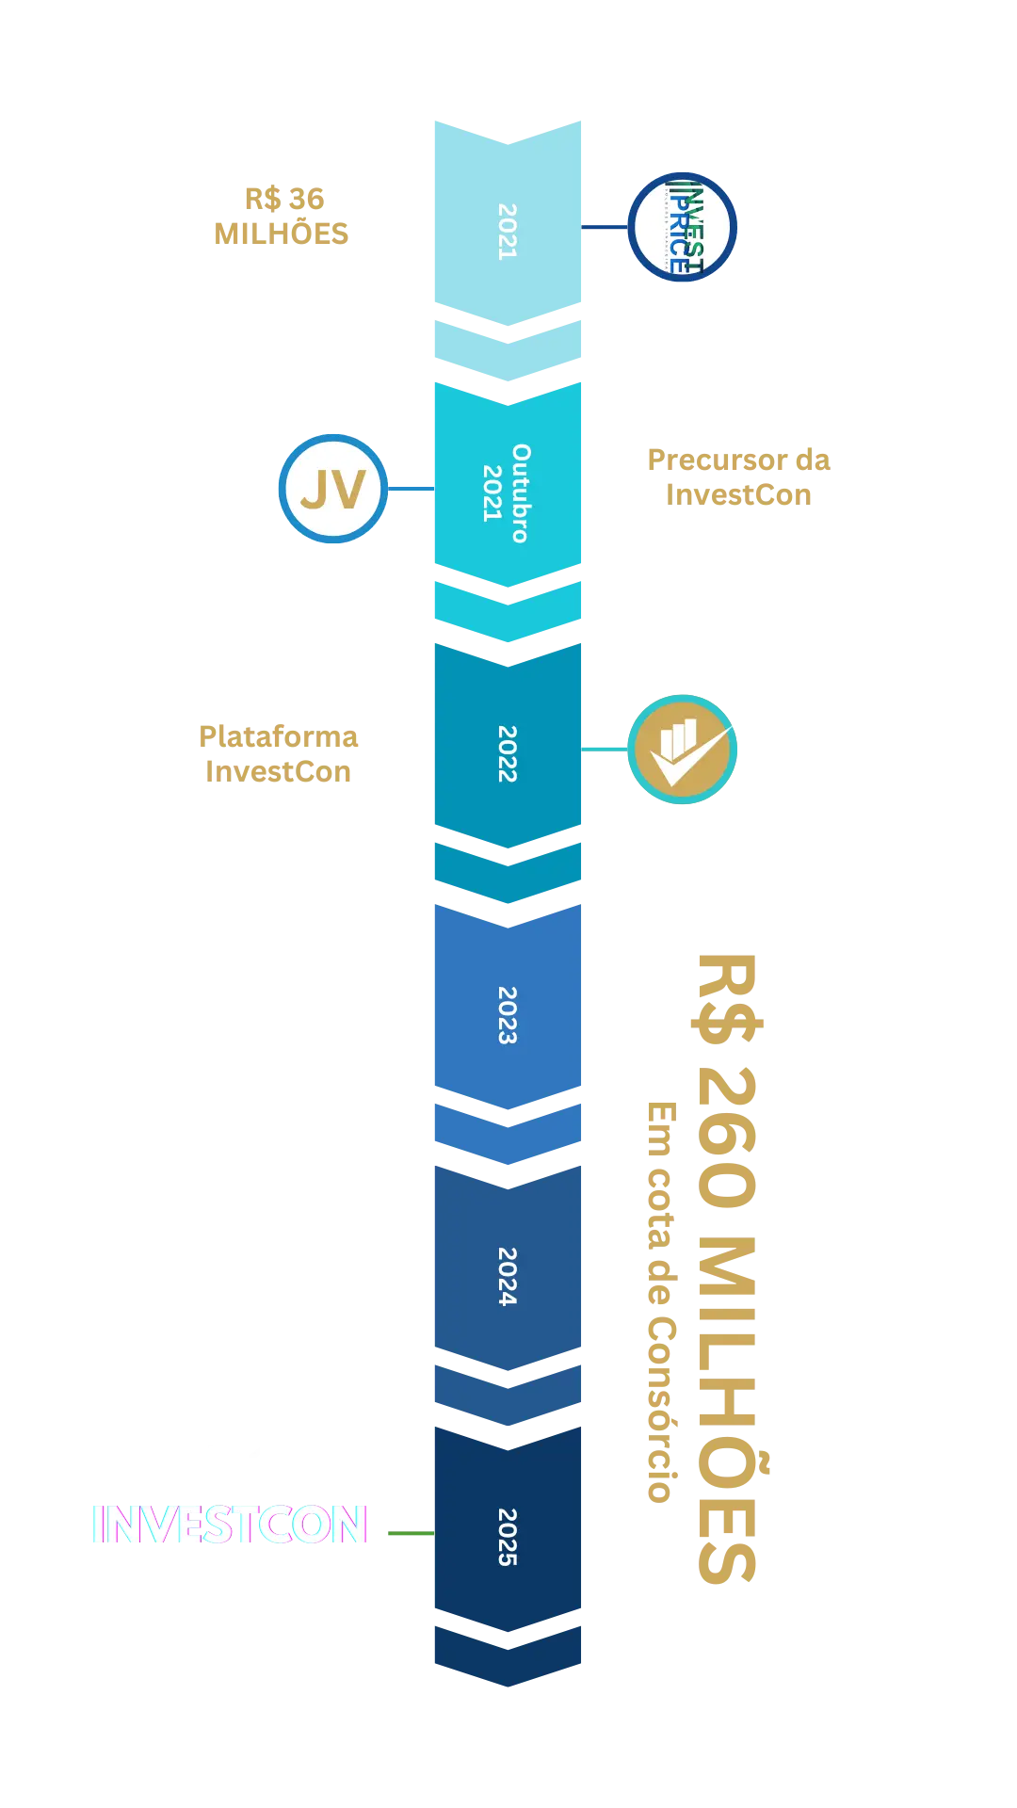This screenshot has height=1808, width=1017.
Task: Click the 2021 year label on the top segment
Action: (508, 232)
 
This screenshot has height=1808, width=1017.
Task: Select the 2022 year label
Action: (508, 753)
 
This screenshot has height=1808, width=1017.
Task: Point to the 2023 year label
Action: (508, 1015)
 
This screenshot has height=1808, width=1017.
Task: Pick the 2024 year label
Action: (508, 1276)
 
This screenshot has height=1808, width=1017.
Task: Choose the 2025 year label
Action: (508, 1537)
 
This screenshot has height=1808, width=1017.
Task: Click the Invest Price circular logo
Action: (682, 227)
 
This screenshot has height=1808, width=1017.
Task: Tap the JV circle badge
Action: (333, 489)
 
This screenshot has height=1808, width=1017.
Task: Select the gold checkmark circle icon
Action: (682, 750)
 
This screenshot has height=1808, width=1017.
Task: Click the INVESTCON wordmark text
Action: (230, 1523)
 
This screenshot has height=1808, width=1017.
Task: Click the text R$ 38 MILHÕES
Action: (282, 216)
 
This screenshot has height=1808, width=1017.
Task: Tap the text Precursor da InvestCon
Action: (739, 476)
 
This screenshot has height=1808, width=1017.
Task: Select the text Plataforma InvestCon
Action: (279, 753)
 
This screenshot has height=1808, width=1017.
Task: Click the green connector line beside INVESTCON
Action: (409, 1533)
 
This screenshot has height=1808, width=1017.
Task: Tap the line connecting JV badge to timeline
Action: (410, 489)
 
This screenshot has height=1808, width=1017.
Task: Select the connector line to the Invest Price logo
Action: (605, 227)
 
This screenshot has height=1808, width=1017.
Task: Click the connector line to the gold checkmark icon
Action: (605, 750)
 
